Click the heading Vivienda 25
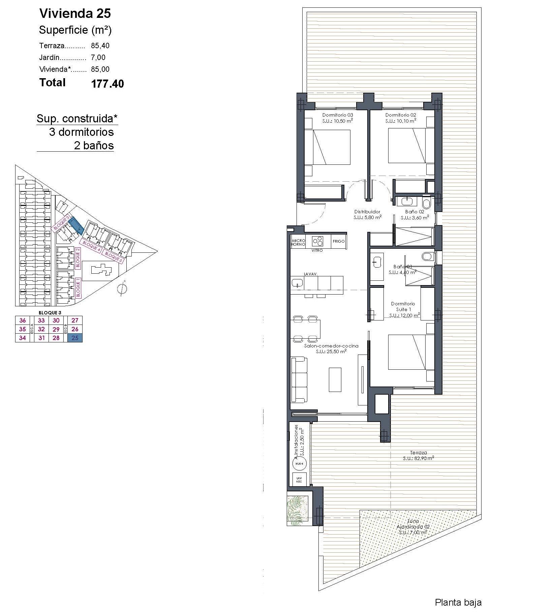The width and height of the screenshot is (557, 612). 75,13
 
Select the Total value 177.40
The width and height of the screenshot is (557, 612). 107,84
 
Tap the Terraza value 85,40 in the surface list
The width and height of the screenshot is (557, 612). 100,45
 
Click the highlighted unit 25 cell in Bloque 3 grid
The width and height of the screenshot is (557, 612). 75,338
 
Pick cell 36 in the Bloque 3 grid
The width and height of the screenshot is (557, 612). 23,320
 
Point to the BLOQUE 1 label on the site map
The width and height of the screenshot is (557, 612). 78,287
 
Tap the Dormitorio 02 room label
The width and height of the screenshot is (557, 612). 400,115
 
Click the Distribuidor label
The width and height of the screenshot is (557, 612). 367,212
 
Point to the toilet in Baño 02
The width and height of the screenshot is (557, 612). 426,203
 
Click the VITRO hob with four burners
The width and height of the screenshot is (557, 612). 317,241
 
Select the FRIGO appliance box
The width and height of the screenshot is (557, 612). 338,241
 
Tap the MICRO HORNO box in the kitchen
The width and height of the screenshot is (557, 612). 298,242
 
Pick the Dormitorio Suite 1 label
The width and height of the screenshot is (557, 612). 403,306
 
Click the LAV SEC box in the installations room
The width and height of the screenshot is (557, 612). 299,480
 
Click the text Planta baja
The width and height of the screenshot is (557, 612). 458,602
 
